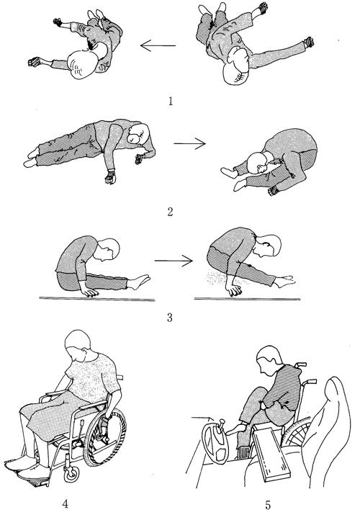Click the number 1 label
point(171,101)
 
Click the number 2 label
point(170,212)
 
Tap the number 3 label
point(169,318)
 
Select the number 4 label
point(66,503)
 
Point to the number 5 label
point(268,505)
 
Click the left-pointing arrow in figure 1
point(158,45)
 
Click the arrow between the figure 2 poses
point(189,143)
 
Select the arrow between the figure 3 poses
point(174,261)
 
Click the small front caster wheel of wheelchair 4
point(71,474)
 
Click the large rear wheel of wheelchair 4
point(104,437)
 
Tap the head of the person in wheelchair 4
point(78,344)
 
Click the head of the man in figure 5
point(269,361)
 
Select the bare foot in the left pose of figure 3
point(139,282)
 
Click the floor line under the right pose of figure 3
point(247,299)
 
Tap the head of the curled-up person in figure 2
point(257,163)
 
